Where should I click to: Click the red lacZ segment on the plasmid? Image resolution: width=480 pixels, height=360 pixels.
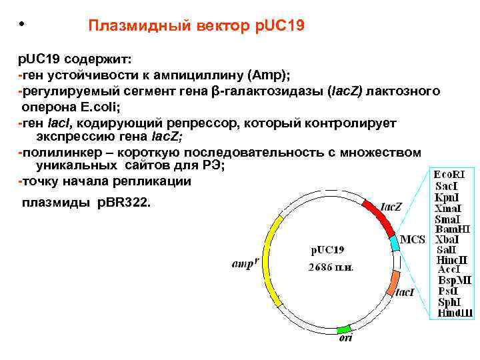[x=378, y=215]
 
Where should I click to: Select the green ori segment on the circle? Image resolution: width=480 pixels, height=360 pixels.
[x=343, y=329]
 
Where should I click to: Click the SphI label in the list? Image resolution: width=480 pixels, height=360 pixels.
[x=448, y=302]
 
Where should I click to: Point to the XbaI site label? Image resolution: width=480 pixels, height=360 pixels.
[x=447, y=239]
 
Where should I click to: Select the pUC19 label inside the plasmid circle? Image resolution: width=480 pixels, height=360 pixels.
[x=327, y=251]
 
